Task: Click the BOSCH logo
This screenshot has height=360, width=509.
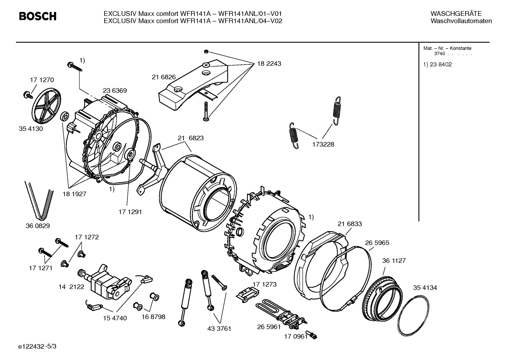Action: point(37,16)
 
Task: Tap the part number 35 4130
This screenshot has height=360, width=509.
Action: point(31,129)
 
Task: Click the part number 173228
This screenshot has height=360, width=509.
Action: point(323,144)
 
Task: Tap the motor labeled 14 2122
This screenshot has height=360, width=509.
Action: point(104,281)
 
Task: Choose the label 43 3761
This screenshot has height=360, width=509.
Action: point(219,329)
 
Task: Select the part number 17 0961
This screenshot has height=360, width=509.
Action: point(296,337)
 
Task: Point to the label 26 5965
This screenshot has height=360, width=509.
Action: point(377,243)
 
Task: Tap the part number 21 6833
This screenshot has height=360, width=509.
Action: point(349,224)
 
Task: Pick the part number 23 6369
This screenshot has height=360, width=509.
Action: point(115,91)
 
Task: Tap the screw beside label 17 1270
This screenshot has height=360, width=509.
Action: point(27,94)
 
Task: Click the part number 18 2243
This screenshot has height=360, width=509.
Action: point(269,64)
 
